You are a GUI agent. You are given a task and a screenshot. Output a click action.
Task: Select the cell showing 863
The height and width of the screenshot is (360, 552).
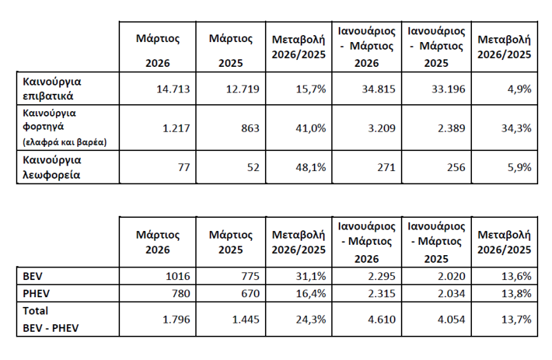click(x=249, y=128)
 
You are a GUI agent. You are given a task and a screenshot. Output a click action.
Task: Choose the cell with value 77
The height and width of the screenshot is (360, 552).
click(x=182, y=168)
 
